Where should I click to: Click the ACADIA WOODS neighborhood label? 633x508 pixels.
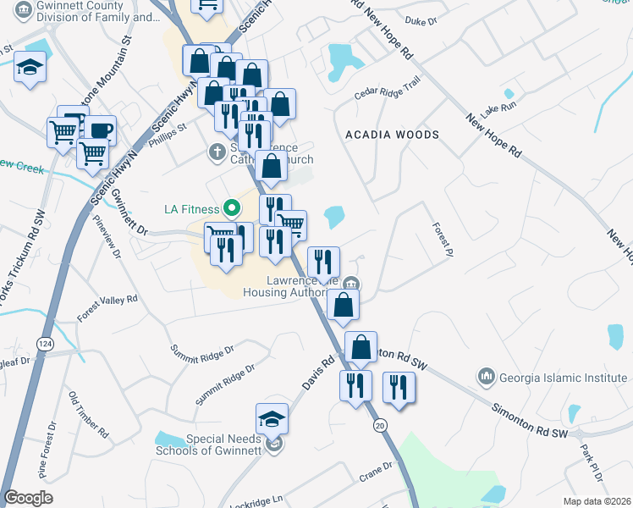(392, 135)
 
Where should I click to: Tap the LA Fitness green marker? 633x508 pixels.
(229, 208)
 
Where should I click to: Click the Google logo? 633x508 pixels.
(28, 498)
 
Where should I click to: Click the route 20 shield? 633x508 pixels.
(378, 424)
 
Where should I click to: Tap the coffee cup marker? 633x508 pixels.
(99, 131)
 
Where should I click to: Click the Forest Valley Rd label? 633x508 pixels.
(107, 307)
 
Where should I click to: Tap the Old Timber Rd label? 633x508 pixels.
(88, 416)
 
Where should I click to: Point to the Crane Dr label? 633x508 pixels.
(376, 471)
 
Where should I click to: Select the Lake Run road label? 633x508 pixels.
(497, 110)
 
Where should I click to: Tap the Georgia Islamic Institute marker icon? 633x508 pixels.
(486, 374)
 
